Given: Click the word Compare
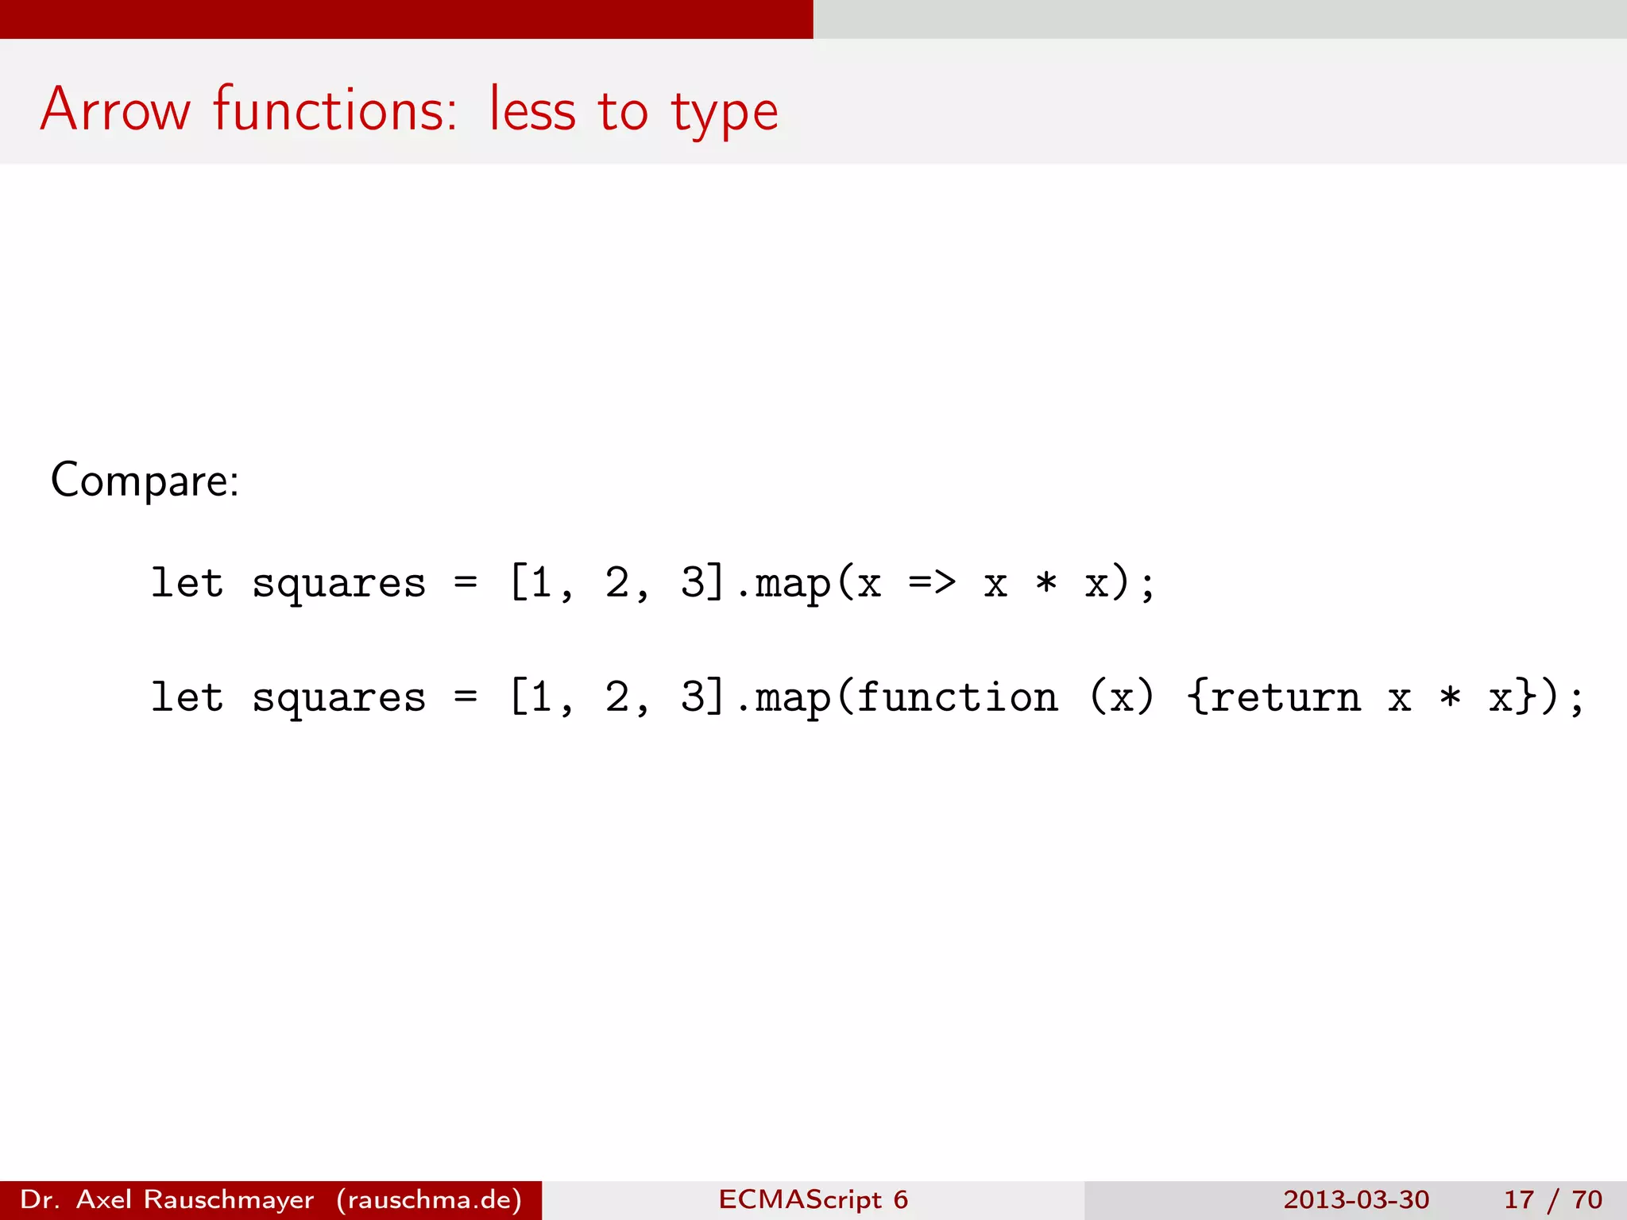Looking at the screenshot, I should pyautogui.click(x=144, y=481).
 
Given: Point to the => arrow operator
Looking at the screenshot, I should pyautogui.click(x=932, y=584).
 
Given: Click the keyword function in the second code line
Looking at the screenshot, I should pyautogui.click(x=957, y=697).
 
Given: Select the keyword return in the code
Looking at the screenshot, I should pyautogui.click(x=1285, y=697).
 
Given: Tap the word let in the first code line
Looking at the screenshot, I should pyautogui.click(x=187, y=584).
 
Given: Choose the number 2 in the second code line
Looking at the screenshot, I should pyautogui.click(x=616, y=697).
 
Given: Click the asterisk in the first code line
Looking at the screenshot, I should pyautogui.click(x=1046, y=584).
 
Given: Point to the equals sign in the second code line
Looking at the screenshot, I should pyautogui.click(x=466, y=697).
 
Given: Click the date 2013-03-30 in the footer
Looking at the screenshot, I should pyautogui.click(x=1355, y=1199).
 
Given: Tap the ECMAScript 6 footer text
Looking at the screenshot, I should pyautogui.click(x=813, y=1199).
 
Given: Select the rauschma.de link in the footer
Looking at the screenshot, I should pyautogui.click(x=429, y=1199).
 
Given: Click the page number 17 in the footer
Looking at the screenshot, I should pyautogui.click(x=1518, y=1199).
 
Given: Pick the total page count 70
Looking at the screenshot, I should pyautogui.click(x=1586, y=1199).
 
